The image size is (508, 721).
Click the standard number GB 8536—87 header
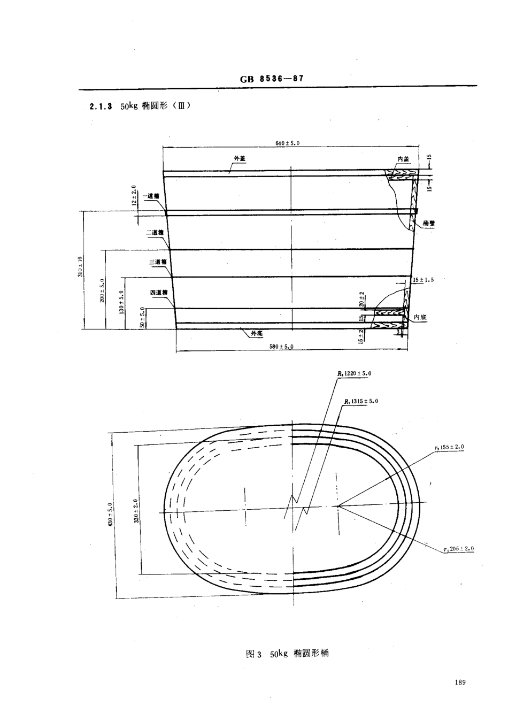[272, 79]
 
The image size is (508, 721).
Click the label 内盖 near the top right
[403, 159]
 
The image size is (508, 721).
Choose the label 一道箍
[151, 196]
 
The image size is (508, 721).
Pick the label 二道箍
[154, 233]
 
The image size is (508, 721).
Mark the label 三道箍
[158, 262]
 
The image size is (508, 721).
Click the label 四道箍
[159, 293]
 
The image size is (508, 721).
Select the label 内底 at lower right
[419, 317]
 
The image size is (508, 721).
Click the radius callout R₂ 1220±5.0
[354, 373]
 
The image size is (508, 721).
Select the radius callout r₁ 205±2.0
[459, 549]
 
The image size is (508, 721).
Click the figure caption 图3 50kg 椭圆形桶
[287, 654]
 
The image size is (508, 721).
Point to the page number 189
[460, 682]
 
